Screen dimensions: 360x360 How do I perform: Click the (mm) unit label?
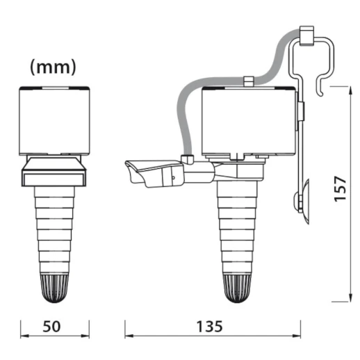coord(54,68)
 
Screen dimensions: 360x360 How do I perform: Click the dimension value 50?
coord(55,343)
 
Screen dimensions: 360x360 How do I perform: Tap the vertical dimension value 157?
coord(340,188)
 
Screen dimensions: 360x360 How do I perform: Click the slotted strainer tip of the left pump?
coord(55,288)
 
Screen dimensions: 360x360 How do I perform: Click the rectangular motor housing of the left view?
coord(55,120)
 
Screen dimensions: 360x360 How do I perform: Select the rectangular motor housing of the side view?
coord(247,122)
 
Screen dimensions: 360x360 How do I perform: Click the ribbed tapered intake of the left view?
coord(55,229)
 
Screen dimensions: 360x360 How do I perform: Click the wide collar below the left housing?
coord(55,172)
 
